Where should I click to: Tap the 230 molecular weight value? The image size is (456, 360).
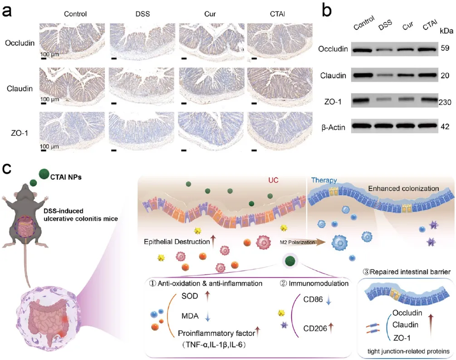pyautogui.click(x=445, y=103)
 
